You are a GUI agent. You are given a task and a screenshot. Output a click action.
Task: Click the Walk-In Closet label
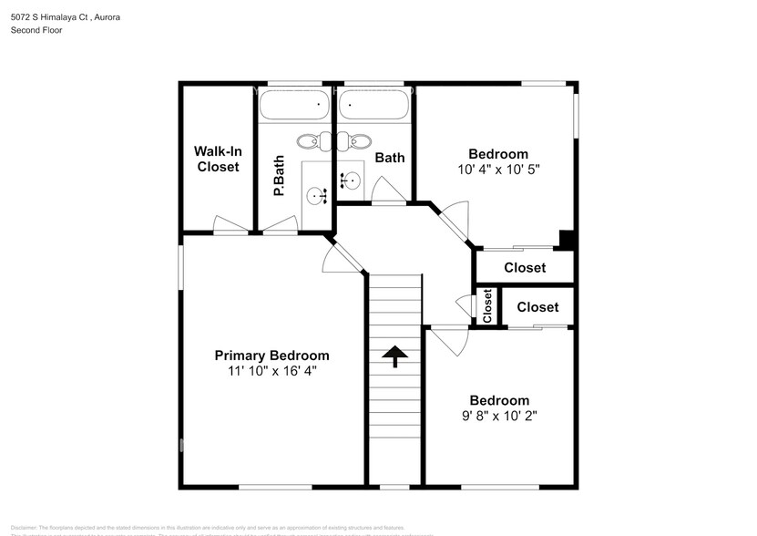(x=217, y=159)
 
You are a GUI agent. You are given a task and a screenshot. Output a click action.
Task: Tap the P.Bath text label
(x=279, y=177)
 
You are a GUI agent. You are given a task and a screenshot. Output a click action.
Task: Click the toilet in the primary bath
(x=308, y=141)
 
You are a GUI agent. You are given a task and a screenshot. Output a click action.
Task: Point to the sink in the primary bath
(x=316, y=194)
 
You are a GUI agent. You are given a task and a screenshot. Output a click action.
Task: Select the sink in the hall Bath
(x=350, y=180)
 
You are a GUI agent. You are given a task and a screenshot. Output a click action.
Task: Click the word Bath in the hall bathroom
(x=389, y=158)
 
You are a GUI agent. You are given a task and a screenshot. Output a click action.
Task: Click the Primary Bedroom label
(x=271, y=356)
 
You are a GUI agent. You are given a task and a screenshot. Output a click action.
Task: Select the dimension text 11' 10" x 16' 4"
(x=271, y=371)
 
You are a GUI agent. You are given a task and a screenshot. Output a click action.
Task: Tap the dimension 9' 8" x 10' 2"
(x=498, y=416)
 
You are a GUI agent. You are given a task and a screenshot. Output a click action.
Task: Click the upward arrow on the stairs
(x=395, y=356)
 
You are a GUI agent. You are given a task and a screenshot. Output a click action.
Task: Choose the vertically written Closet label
(x=487, y=306)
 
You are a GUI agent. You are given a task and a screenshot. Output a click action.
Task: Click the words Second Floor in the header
(x=36, y=30)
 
